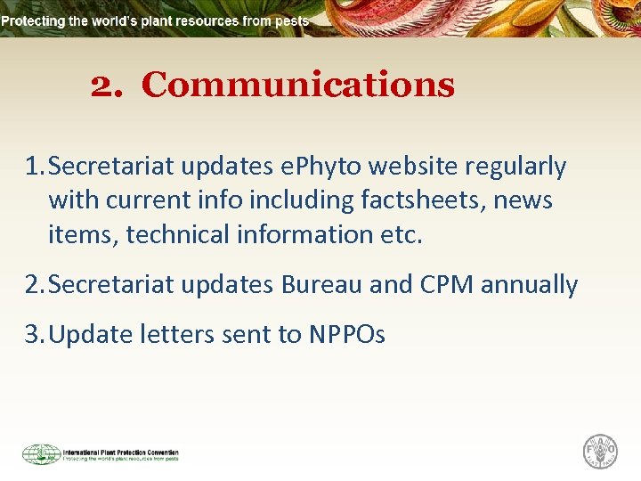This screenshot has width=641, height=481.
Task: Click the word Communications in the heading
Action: pyautogui.click(x=297, y=86)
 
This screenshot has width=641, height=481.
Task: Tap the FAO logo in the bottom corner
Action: pyautogui.click(x=599, y=452)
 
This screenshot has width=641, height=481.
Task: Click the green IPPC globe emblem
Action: pyautogui.click(x=41, y=454)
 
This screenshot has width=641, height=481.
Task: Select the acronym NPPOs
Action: pyautogui.click(x=346, y=335)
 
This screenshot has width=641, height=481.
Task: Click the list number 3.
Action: pyautogui.click(x=34, y=335)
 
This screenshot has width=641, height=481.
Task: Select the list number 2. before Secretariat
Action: pyautogui.click(x=34, y=285)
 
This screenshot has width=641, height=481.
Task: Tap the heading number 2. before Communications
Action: pyautogui.click(x=109, y=86)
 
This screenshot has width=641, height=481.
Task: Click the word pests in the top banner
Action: pyautogui.click(x=293, y=20)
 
